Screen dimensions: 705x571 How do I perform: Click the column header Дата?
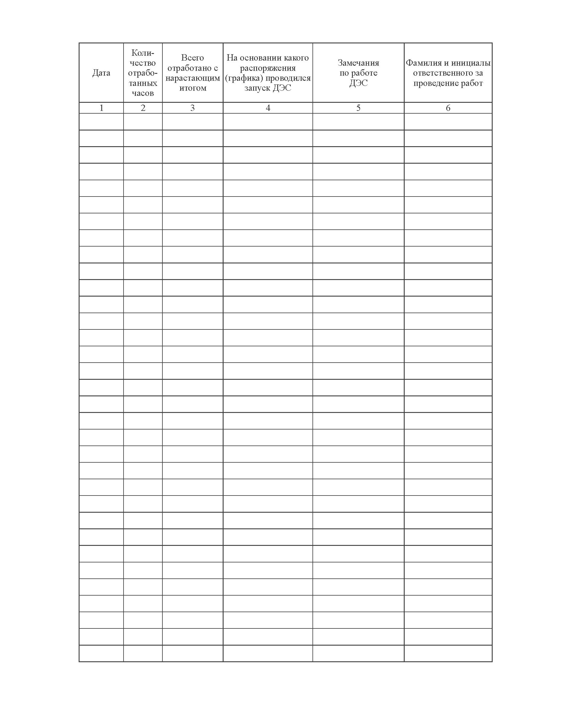point(101,73)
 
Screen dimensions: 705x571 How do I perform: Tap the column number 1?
point(101,108)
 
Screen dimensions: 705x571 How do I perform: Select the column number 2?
point(143,108)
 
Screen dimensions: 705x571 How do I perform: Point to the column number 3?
point(193,108)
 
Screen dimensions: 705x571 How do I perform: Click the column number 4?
point(268,108)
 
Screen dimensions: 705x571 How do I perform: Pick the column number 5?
point(358,108)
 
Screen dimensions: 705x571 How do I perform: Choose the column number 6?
point(448,108)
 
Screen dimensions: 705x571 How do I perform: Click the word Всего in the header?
point(193,58)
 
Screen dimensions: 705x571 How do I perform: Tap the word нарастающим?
point(193,78)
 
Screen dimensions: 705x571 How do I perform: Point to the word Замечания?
point(358,63)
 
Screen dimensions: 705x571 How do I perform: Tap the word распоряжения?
point(268,68)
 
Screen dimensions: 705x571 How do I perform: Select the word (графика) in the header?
point(244,78)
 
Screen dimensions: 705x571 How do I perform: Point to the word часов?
point(143,93)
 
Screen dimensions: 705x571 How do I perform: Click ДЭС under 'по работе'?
point(358,83)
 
